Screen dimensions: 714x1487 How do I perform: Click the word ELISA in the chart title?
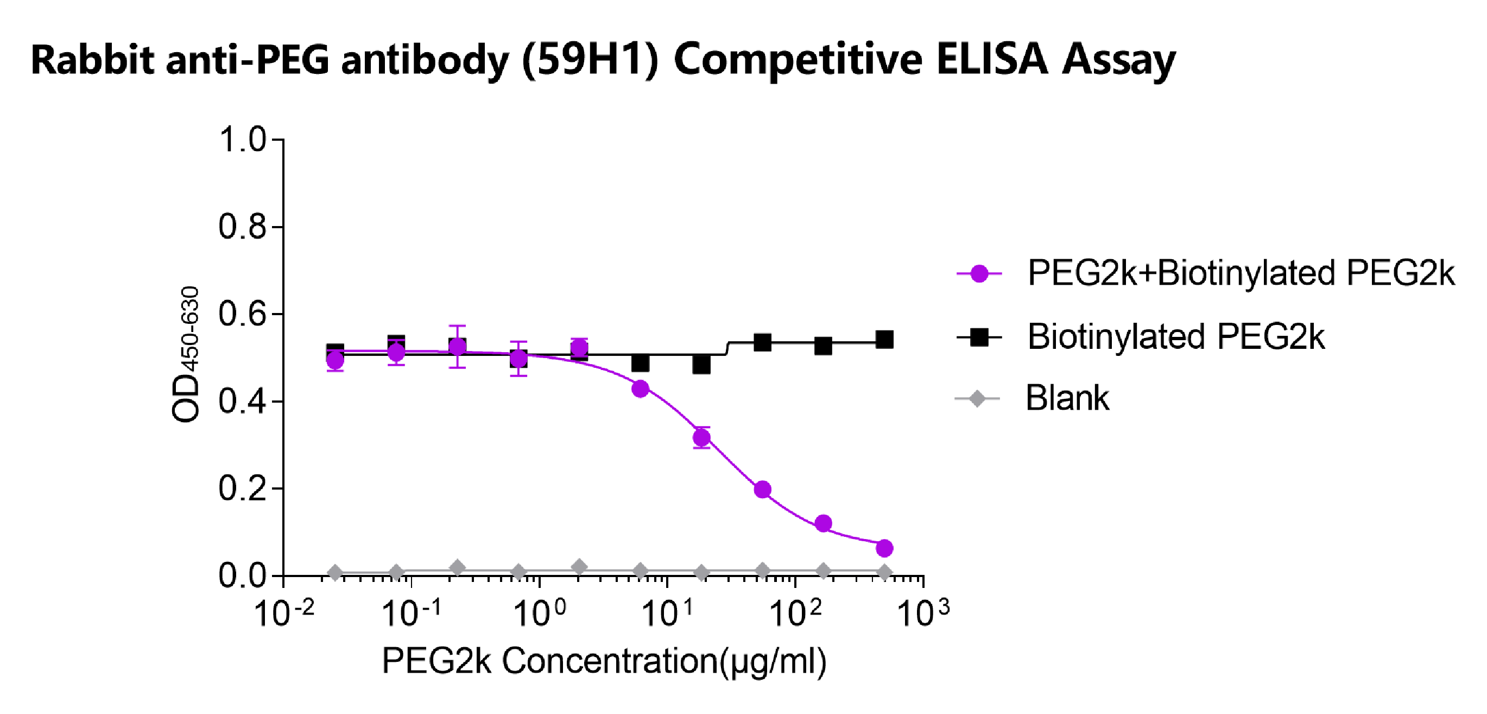[991, 60]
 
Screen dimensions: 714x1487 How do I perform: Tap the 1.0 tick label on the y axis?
[242, 140]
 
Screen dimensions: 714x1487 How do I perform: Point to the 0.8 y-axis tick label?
[242, 227]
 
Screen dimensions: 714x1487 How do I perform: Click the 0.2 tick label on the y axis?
[242, 488]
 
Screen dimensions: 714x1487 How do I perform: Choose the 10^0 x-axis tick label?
[539, 613]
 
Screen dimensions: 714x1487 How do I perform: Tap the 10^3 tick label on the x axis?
[922, 613]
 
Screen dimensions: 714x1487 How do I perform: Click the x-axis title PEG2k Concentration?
[604, 660]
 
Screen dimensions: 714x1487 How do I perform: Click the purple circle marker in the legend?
[979, 273]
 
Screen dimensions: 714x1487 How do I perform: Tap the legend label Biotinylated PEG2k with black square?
[1176, 337]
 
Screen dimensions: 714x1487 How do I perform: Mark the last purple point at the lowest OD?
[884, 548]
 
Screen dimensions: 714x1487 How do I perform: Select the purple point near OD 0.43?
[640, 389]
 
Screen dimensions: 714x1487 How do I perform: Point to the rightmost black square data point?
[884, 340]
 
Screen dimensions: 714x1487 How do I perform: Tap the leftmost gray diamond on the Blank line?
[335, 573]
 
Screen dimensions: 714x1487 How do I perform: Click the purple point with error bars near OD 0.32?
[701, 438]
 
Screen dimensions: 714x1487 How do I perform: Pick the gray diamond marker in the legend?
[977, 399]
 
